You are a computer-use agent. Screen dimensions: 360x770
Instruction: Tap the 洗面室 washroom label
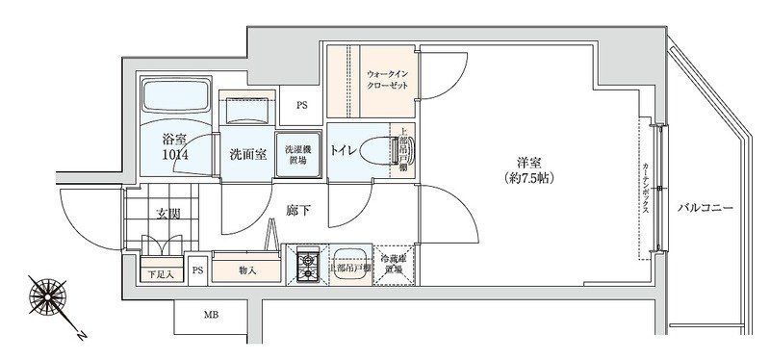(x=247, y=153)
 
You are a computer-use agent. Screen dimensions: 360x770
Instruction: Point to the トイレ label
(x=347, y=150)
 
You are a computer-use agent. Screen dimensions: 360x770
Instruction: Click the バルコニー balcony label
(x=706, y=207)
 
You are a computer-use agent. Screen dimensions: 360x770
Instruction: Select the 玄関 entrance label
(x=168, y=213)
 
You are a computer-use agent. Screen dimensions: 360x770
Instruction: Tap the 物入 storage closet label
(x=246, y=270)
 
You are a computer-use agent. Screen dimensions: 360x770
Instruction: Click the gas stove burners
(x=308, y=266)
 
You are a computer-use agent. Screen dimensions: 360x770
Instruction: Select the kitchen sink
(x=348, y=266)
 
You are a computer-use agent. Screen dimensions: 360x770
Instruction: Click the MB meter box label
(x=210, y=315)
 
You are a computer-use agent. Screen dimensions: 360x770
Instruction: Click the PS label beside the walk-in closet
(x=301, y=105)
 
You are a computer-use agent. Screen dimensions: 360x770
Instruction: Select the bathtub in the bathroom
(x=176, y=97)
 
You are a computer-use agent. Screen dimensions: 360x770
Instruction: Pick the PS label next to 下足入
(x=197, y=271)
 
